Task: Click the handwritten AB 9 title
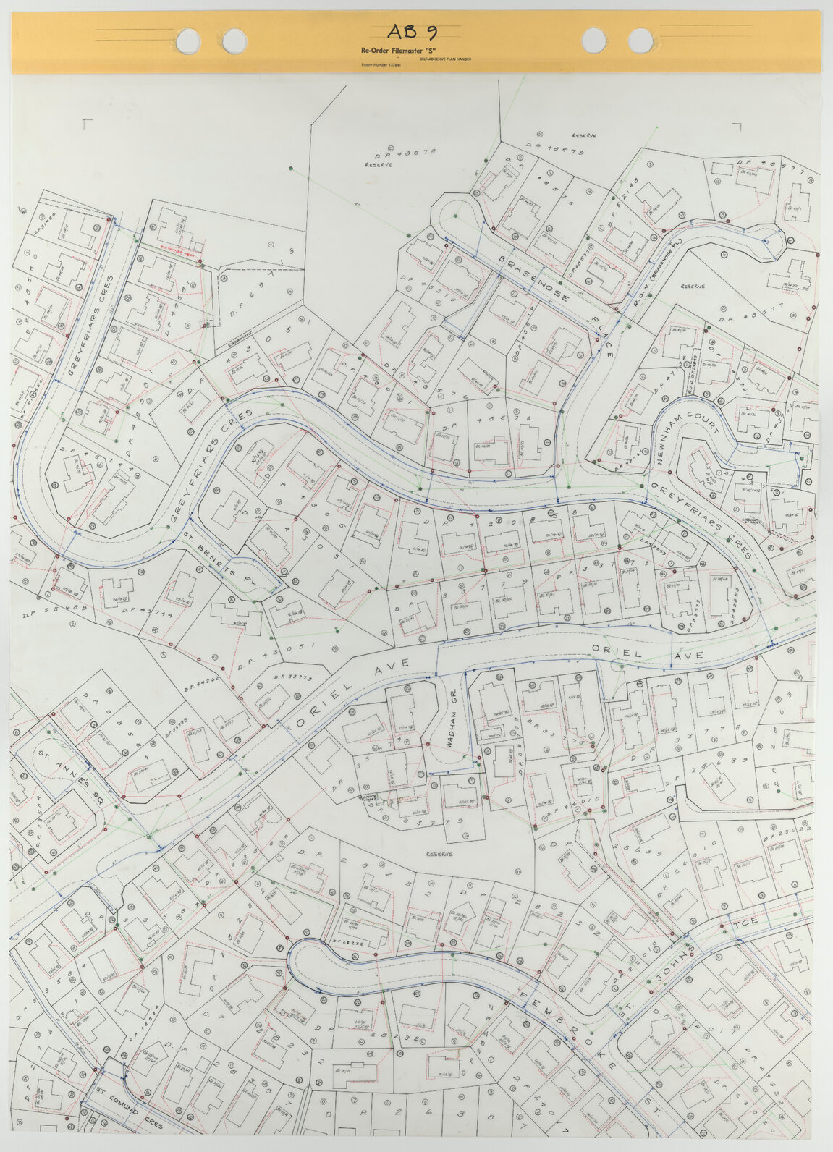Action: (x=412, y=31)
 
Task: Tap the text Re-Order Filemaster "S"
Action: (x=391, y=51)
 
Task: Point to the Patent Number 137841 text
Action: (x=381, y=65)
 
